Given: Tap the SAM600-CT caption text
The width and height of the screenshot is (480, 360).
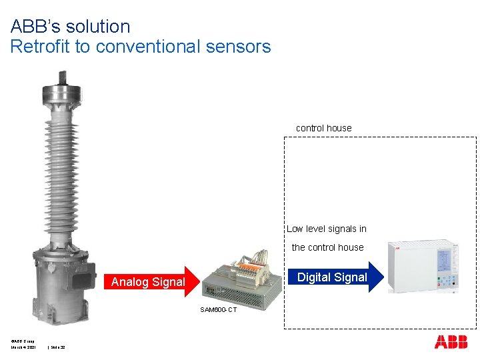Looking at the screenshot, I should [218, 309].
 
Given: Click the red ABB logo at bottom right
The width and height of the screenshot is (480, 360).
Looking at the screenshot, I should [451, 342].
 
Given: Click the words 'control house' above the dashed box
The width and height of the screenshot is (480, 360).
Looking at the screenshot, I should [323, 128].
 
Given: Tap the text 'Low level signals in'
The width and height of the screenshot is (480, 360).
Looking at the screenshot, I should [327, 229].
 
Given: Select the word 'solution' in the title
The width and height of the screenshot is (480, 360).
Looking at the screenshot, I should [99, 27].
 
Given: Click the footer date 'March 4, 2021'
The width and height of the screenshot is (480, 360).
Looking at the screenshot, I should [23, 347].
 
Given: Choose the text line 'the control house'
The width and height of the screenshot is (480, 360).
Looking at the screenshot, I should [328, 247].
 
